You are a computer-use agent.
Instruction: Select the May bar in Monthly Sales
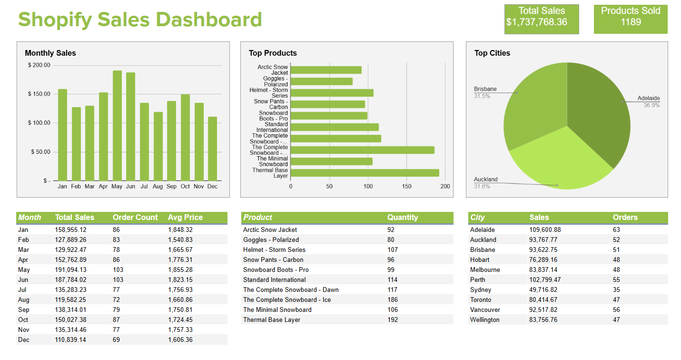coord(117,126)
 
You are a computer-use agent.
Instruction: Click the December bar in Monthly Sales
coord(212,149)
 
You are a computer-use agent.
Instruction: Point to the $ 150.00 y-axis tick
coord(39,94)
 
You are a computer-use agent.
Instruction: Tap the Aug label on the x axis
coord(158,187)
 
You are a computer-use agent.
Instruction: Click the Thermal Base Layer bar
coord(365,173)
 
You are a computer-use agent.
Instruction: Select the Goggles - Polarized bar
coord(322,81)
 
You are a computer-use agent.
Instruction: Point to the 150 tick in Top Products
coord(406,187)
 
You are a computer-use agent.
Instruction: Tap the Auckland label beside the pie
coord(485,180)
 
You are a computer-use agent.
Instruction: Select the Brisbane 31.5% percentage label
coord(482,96)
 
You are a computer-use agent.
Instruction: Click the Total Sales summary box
coord(542,19)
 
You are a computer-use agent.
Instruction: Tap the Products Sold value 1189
coord(631,22)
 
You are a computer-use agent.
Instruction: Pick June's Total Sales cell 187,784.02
coord(71,280)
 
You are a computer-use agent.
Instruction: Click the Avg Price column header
coord(185,217)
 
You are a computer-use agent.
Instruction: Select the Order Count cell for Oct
coord(117,320)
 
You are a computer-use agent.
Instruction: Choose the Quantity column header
coord(402,217)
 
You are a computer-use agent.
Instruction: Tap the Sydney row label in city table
coord(481,290)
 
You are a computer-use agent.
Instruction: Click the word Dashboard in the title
coord(209,20)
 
